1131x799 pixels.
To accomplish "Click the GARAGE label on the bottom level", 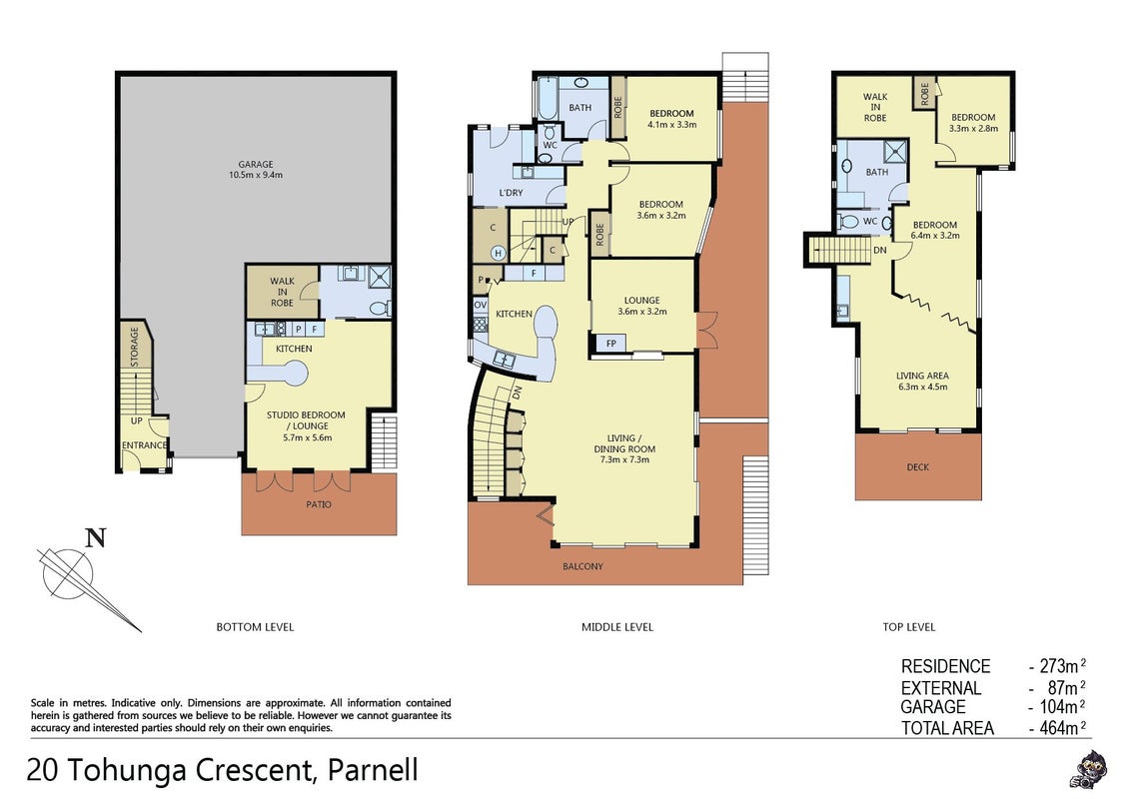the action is tap(256, 165).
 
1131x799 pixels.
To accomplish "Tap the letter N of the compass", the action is tap(96, 538).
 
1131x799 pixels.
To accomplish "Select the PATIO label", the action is tap(318, 504).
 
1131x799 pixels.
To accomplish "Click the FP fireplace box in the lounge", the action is tap(610, 344).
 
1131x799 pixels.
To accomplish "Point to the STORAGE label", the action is tap(134, 347).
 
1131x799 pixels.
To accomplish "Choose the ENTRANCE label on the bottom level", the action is tap(144, 445).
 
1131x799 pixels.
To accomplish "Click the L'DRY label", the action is tap(511, 194).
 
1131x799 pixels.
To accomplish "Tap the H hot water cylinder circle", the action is tap(498, 253).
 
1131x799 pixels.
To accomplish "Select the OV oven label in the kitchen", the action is tap(481, 305).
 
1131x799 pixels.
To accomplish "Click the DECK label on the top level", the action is tap(917, 467).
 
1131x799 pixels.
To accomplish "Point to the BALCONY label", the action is tap(582, 567).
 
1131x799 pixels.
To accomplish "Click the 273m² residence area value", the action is tap(1062, 665).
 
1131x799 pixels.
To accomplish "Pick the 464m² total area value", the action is tap(1062, 728).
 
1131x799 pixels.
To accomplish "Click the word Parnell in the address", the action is tap(373, 770).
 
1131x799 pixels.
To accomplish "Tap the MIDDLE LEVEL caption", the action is tap(617, 627).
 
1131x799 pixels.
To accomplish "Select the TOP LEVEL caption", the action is tap(909, 627).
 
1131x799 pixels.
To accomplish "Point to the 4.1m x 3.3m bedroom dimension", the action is tap(671, 124).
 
